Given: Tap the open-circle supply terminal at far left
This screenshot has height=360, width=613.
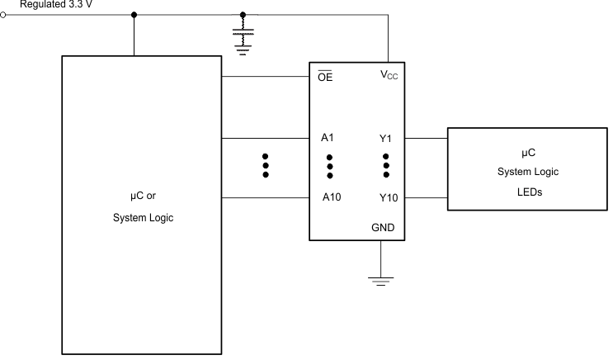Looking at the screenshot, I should pyautogui.click(x=5, y=14).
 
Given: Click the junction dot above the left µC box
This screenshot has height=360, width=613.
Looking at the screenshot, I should pyautogui.click(x=134, y=14).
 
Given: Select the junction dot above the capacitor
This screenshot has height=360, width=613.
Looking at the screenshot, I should pyautogui.click(x=243, y=14).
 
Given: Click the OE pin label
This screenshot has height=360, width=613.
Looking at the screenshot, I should pyautogui.click(x=326, y=78).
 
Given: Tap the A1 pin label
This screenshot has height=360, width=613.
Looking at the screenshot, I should pyautogui.click(x=328, y=138).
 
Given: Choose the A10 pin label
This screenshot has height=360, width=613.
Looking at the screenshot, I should pyautogui.click(x=331, y=198).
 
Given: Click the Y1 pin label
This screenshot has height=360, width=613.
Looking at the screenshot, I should pyautogui.click(x=385, y=138).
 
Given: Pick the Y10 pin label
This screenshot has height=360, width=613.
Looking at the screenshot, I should pyautogui.click(x=389, y=198).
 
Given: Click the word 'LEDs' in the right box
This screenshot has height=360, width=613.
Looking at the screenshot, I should pyautogui.click(x=528, y=192).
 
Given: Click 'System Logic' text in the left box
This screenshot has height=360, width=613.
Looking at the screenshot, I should pyautogui.click(x=143, y=219).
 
